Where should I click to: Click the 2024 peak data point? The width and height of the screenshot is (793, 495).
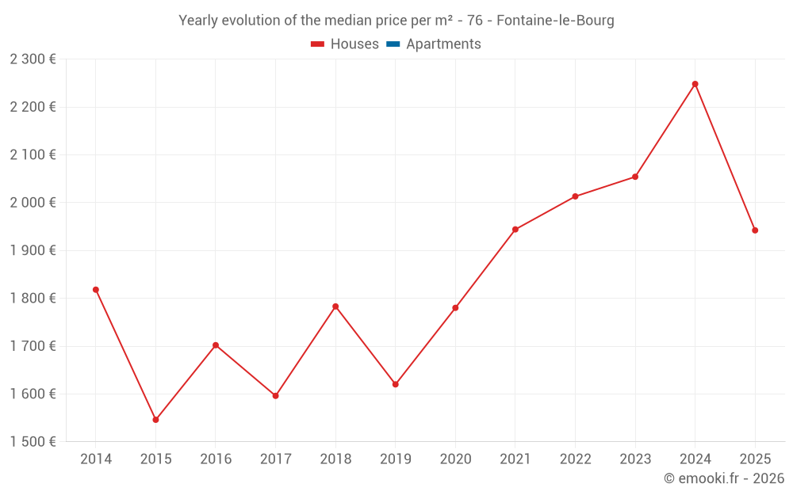[x=695, y=84]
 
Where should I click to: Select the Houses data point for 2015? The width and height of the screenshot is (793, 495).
[x=155, y=420]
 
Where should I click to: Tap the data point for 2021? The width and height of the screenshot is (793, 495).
[x=515, y=230]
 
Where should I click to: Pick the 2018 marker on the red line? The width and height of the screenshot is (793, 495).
[x=335, y=307]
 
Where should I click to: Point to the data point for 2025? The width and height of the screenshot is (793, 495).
[x=755, y=230]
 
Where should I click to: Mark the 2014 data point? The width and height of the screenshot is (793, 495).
[x=96, y=290]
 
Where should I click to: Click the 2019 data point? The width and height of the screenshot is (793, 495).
[x=396, y=384]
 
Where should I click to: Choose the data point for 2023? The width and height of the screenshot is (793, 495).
[x=635, y=177]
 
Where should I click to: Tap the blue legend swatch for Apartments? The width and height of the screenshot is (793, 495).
[x=393, y=44]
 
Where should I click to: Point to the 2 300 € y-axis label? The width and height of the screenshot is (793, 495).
[x=33, y=59]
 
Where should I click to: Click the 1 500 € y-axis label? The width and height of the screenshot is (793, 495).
[x=33, y=442]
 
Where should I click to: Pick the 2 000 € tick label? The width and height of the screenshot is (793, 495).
[x=33, y=203]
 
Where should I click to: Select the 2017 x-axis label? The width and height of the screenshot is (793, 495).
[x=275, y=459]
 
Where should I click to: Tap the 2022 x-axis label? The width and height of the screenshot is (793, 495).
[x=575, y=459]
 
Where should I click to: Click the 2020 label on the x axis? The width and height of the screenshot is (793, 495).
[x=455, y=459]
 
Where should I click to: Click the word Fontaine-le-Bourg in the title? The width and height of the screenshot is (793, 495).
[x=555, y=21]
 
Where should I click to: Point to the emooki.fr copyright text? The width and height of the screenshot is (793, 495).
[x=724, y=478]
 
